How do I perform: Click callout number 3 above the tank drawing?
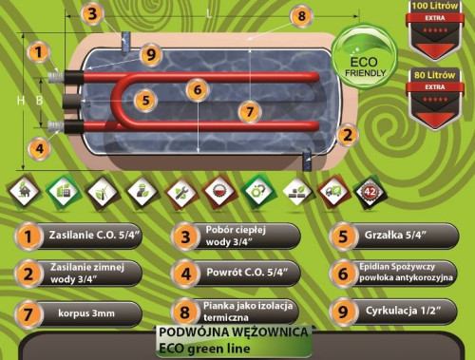click(91, 13)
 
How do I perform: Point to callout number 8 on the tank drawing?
click(300, 16)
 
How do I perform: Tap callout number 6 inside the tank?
click(196, 90)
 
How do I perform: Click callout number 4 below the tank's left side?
click(39, 148)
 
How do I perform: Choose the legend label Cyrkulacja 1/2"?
click(408, 311)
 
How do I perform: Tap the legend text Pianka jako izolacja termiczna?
click(250, 311)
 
